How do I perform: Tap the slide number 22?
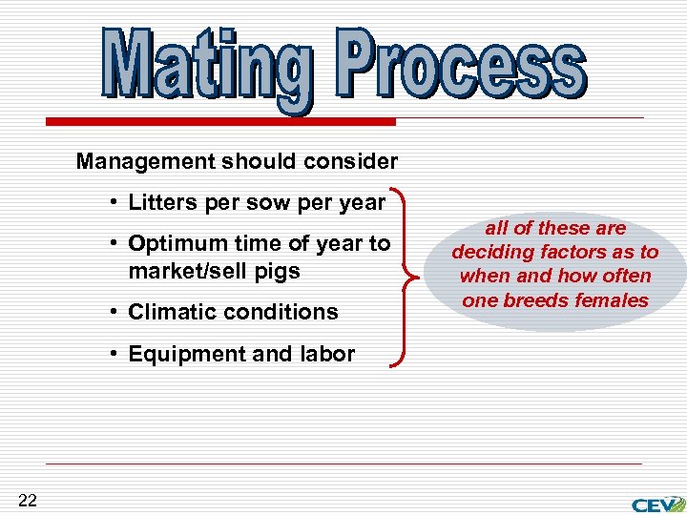tap(28, 501)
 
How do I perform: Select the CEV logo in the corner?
tap(657, 502)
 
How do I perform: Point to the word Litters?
tap(160, 202)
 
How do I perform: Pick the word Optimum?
tap(175, 243)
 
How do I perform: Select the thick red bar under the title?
tap(220, 122)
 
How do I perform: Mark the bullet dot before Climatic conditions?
tap(114, 312)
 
